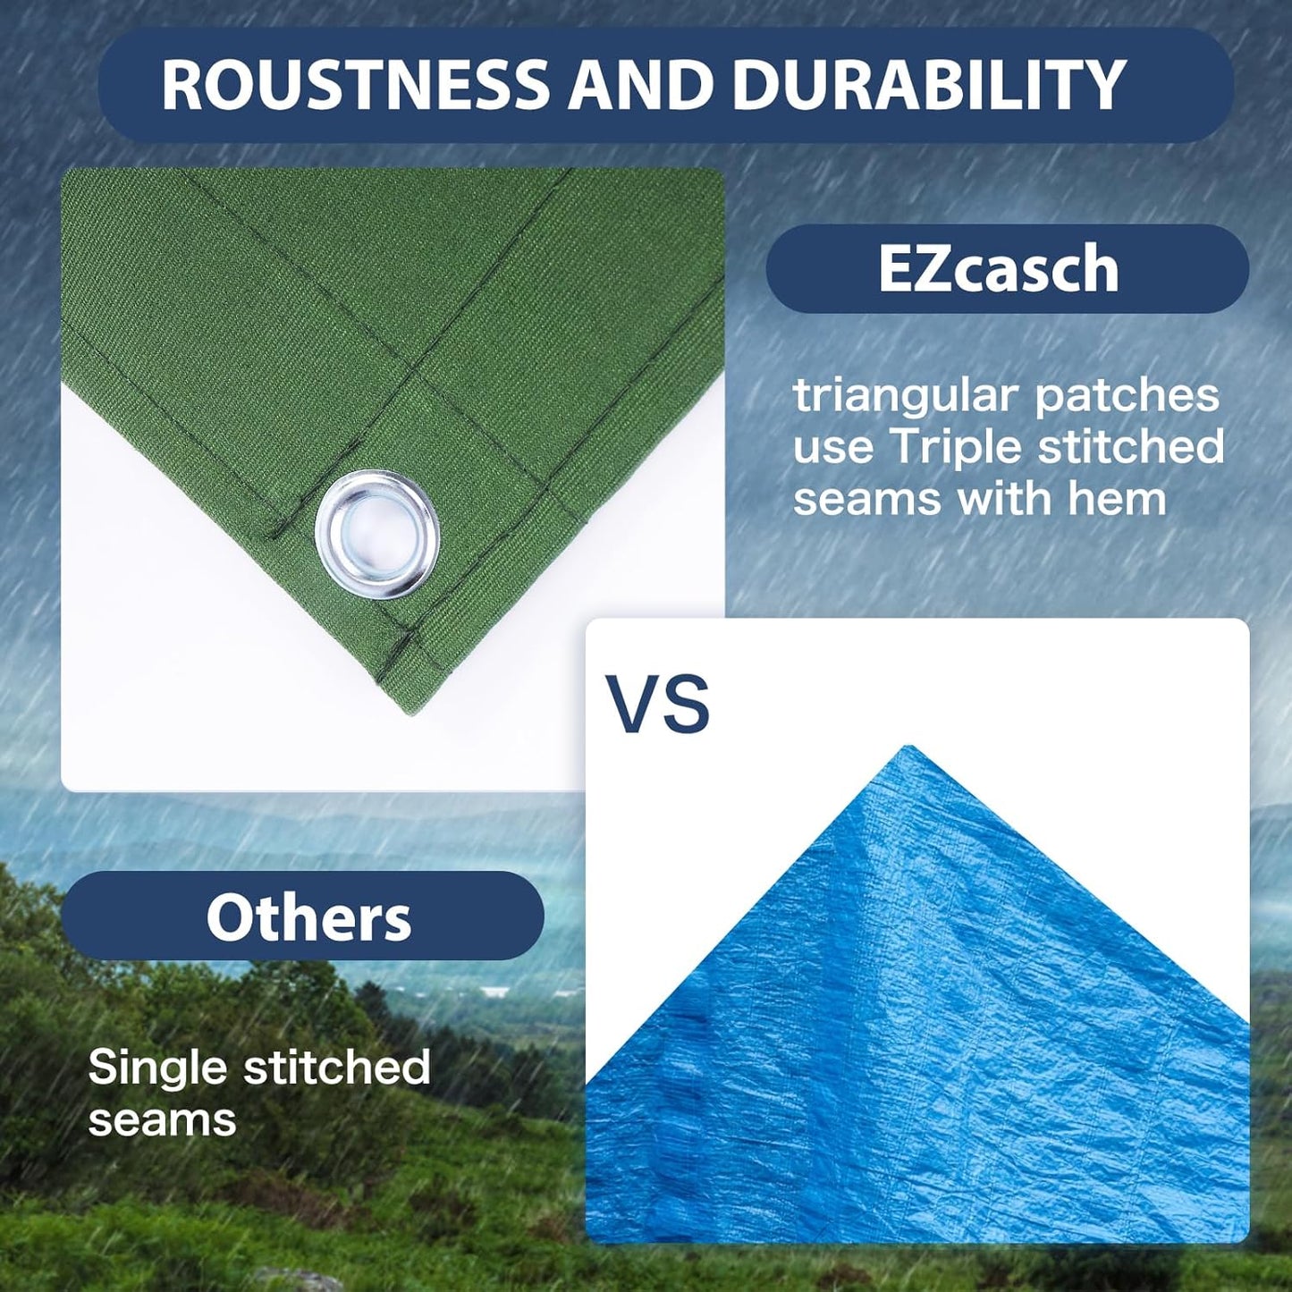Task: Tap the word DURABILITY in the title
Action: tap(928, 85)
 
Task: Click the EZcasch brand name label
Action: tap(998, 268)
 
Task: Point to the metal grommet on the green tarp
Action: tap(377, 534)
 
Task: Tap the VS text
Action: tap(658, 705)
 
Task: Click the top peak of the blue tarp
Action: tap(910, 749)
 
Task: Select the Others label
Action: tap(308, 917)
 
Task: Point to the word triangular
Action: tap(906, 396)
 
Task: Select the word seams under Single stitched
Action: tap(162, 1119)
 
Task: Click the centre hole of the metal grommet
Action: tap(377, 534)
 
